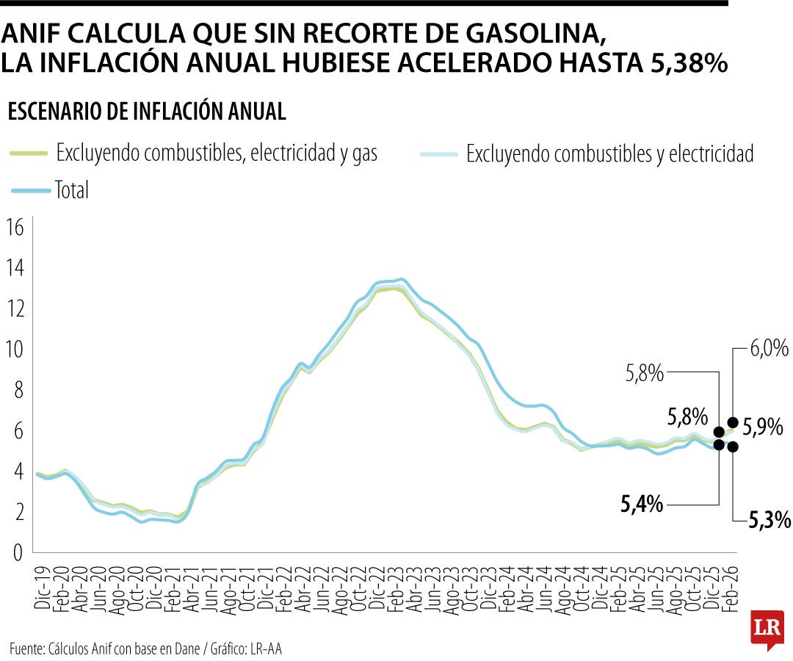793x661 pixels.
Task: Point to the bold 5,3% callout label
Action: tap(770, 521)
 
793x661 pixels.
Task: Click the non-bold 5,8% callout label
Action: tap(644, 374)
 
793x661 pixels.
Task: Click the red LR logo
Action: tap(767, 628)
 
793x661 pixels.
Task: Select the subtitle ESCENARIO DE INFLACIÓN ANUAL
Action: tap(146, 112)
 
